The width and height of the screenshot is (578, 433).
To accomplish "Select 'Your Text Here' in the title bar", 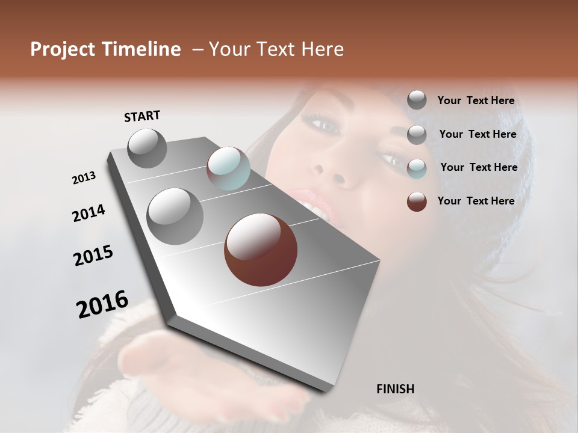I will click(x=276, y=49).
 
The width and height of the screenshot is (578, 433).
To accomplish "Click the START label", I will click(x=142, y=116).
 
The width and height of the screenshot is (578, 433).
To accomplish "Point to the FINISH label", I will click(x=395, y=389).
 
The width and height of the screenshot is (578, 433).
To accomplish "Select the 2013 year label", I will click(x=84, y=178).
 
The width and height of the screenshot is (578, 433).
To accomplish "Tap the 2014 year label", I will click(x=89, y=213).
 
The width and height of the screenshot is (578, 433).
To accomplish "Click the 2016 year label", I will click(x=102, y=304).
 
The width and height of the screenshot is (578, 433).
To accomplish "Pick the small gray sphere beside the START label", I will click(x=147, y=148).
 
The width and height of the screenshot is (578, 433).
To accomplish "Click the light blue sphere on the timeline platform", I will click(x=228, y=168).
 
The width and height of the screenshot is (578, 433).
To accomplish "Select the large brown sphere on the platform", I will click(x=261, y=250).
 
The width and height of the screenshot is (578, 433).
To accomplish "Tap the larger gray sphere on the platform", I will click(x=175, y=216).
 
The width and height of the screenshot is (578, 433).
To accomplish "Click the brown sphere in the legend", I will click(x=417, y=201).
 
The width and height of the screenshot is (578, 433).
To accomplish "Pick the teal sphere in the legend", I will click(x=417, y=168).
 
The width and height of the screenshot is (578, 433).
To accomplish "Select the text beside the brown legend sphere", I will click(x=476, y=201).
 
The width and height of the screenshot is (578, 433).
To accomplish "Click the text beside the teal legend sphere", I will click(x=479, y=167).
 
